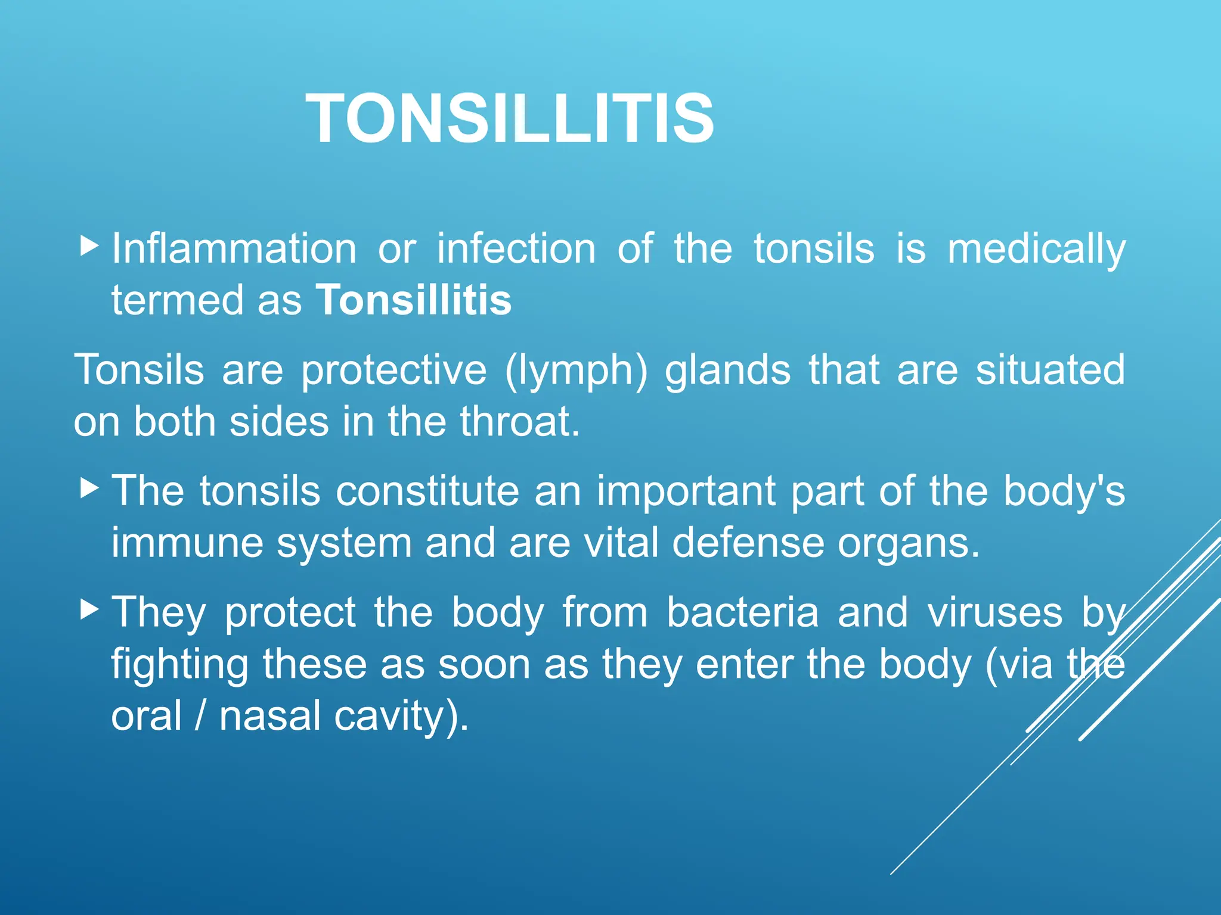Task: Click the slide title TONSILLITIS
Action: point(510,119)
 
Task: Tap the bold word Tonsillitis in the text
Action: point(413,300)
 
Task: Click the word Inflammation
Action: point(234,248)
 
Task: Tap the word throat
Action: point(519,422)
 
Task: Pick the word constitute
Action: point(427,491)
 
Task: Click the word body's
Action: point(1064,493)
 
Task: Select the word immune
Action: point(187,543)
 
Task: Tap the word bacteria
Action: point(742,612)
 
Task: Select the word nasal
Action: point(270,716)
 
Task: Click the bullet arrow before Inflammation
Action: point(89,245)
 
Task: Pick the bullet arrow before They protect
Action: point(89,609)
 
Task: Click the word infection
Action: point(516,248)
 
